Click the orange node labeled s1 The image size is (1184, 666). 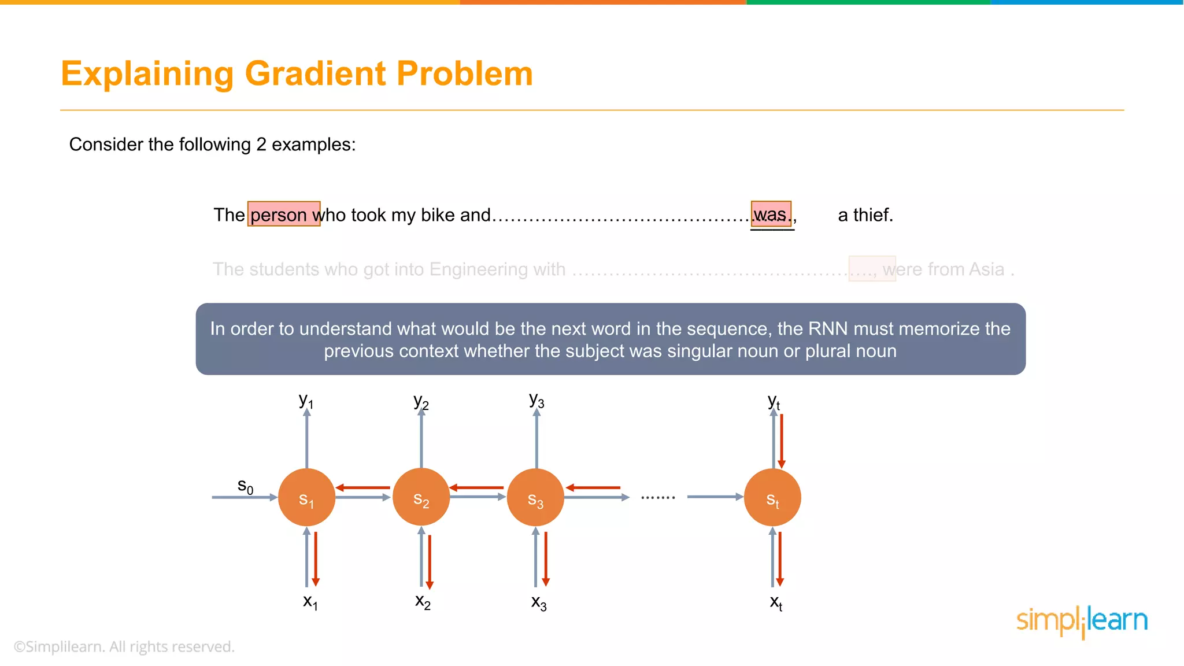pos(306,497)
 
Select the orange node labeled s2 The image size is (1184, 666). pos(421,497)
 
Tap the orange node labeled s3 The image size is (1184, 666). pos(535,497)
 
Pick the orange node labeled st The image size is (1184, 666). pos(772,497)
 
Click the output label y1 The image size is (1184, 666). pos(306,400)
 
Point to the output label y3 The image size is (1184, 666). pos(536,400)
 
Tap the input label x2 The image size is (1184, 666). pos(423,602)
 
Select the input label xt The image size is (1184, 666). pos(776,602)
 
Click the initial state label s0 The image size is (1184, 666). pos(245,486)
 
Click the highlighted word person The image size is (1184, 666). pos(279,214)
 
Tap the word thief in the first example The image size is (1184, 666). pos(872,215)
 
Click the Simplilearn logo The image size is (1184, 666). pos(1082,621)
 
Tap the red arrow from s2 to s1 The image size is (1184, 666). pos(363,488)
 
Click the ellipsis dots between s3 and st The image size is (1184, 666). pos(658,497)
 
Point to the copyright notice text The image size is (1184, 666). pos(124,646)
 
